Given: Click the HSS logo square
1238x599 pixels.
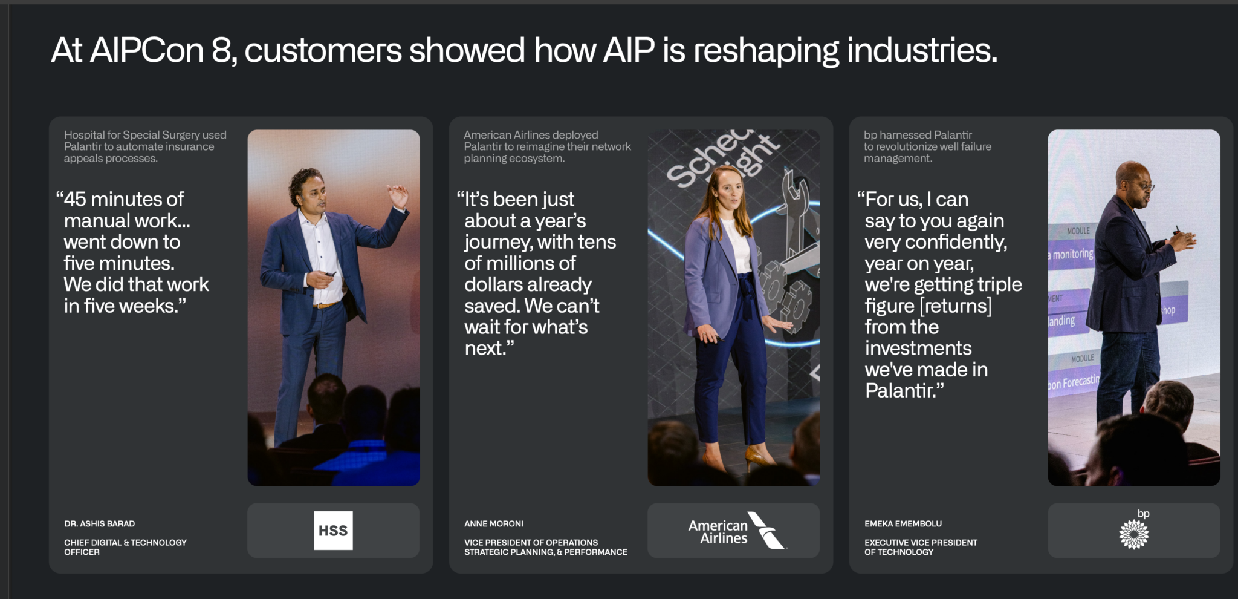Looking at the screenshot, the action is click(x=333, y=531).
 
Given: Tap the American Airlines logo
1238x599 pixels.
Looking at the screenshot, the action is click(x=737, y=531).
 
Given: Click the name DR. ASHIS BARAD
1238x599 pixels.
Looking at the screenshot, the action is click(x=100, y=524).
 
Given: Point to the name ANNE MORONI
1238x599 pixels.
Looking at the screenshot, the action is click(x=494, y=524).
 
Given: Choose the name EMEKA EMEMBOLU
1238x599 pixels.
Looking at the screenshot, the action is click(x=903, y=524).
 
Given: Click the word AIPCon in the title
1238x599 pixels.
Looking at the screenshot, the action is click(x=147, y=50).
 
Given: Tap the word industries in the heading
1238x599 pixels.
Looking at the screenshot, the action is click(x=922, y=50).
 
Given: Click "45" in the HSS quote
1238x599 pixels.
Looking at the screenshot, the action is click(x=75, y=199).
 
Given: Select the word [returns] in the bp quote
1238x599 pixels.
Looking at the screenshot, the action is click(x=955, y=306).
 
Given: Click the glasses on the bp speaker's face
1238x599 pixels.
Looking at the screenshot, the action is click(x=1144, y=186).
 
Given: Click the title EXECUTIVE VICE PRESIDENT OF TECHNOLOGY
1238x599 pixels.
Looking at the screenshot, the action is click(x=921, y=548).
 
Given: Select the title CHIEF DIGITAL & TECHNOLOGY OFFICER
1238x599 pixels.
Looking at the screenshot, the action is click(x=125, y=548).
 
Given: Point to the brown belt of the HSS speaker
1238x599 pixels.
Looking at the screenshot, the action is click(x=327, y=304).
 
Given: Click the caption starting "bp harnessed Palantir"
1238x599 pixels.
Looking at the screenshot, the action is click(x=927, y=146).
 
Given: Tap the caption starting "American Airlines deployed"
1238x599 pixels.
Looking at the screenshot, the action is click(x=548, y=146).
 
